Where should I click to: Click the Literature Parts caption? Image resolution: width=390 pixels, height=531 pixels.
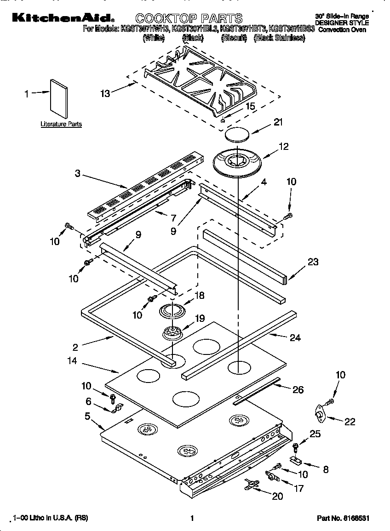tap(61, 124)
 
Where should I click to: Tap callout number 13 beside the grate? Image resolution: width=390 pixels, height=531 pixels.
tap(105, 93)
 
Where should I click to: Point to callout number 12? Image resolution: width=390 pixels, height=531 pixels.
tap(284, 146)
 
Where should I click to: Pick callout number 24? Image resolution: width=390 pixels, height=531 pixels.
tap(295, 338)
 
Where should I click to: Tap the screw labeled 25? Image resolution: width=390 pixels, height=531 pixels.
tap(295, 445)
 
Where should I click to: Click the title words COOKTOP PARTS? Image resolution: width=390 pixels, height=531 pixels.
tap(189, 18)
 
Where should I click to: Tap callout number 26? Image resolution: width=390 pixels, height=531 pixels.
tap(298, 390)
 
